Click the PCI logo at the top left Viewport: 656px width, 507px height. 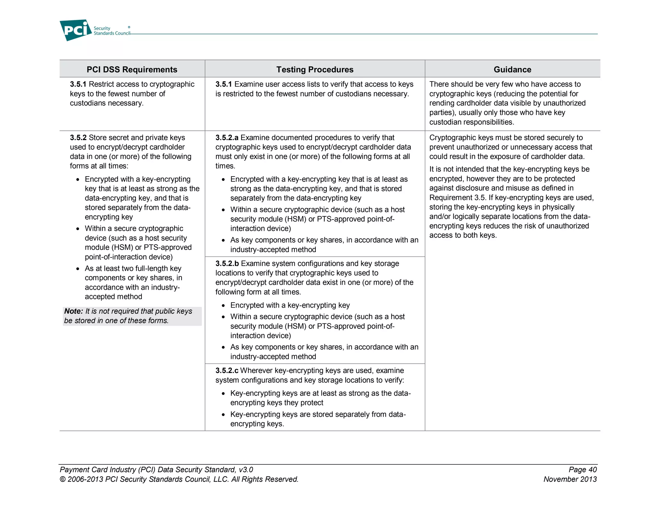[76, 30]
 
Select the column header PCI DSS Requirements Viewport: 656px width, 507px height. [132, 70]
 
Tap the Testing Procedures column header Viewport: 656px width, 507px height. [315, 70]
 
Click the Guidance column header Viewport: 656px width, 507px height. [512, 70]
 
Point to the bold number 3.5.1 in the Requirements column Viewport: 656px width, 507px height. [78, 84]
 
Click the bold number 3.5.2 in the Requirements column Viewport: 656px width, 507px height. [78, 138]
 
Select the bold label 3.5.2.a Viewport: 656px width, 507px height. [226, 138]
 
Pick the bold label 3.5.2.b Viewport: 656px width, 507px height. [227, 264]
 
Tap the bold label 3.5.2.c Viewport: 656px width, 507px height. [226, 371]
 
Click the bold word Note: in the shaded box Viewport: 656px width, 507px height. [73, 311]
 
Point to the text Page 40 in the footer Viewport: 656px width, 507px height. [582, 470]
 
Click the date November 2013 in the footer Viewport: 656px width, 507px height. [570, 479]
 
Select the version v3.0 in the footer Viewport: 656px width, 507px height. [246, 470]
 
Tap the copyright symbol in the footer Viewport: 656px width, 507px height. [62, 480]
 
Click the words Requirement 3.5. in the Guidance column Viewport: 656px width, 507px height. [457, 198]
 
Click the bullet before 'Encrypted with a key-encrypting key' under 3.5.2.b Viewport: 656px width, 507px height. [223, 306]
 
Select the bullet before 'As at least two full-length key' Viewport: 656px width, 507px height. [78, 269]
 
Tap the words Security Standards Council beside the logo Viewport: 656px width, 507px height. [111, 31]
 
